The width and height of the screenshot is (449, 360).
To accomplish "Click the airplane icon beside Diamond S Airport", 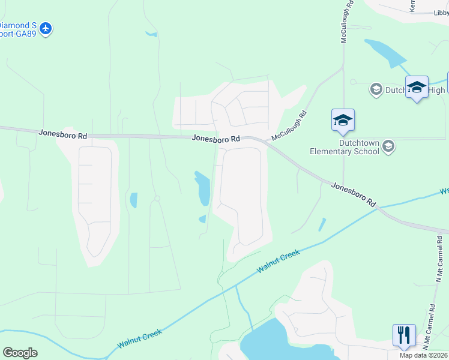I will (46, 28).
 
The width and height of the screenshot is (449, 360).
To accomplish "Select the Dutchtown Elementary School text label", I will (344, 147).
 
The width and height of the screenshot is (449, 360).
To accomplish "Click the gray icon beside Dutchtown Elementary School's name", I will (388, 146).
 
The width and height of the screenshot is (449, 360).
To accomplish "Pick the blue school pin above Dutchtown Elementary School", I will (343, 120).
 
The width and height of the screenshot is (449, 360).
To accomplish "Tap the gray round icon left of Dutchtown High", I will (376, 90).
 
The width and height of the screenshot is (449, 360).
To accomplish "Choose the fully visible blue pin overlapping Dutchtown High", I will (417, 88).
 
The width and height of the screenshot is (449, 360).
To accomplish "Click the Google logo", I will (20, 353).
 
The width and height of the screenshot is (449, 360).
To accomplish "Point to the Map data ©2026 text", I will (423, 355).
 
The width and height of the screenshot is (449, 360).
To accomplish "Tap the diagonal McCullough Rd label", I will (289, 125).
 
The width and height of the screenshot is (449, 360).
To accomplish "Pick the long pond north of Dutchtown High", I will (385, 52).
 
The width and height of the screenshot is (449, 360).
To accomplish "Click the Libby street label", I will (441, 13).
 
